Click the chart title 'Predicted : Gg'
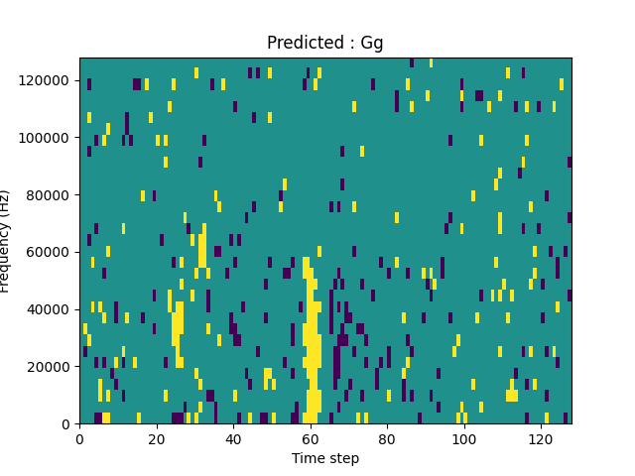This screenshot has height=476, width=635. point(324,43)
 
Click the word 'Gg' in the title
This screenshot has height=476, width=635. point(372,44)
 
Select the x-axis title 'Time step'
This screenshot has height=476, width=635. point(325,458)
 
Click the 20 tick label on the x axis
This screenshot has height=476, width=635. point(157,438)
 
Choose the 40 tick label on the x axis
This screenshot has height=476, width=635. point(233,438)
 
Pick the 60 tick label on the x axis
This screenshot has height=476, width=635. point(311,438)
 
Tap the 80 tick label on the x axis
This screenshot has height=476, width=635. point(387,438)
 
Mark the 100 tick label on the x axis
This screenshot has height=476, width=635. point(464,438)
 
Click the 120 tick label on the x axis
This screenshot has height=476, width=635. point(541,438)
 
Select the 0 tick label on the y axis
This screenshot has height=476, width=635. point(65,423)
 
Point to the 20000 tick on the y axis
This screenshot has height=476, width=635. point(51,367)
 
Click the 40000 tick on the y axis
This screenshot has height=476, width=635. point(51,309)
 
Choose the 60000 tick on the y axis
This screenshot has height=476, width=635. point(51,252)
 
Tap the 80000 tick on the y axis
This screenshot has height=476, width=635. point(51,194)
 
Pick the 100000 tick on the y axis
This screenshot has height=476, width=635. point(48,137)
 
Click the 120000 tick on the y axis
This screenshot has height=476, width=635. point(48,79)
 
